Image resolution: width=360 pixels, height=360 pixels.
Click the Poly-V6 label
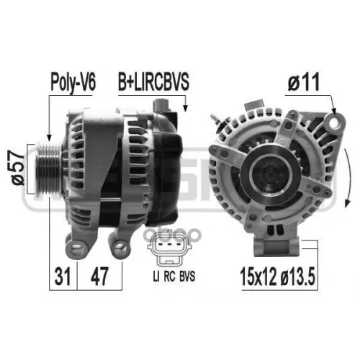point(73,82)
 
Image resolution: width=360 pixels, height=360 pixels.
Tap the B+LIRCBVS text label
point(153,82)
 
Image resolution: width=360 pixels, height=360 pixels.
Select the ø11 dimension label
point(304,82)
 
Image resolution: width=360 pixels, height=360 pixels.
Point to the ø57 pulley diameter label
point(18,168)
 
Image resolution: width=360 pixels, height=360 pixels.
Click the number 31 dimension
point(63,276)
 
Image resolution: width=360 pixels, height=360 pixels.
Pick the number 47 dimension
point(99,276)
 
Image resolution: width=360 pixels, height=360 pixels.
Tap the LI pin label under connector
point(156,276)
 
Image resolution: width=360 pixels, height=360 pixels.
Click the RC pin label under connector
point(169,276)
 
